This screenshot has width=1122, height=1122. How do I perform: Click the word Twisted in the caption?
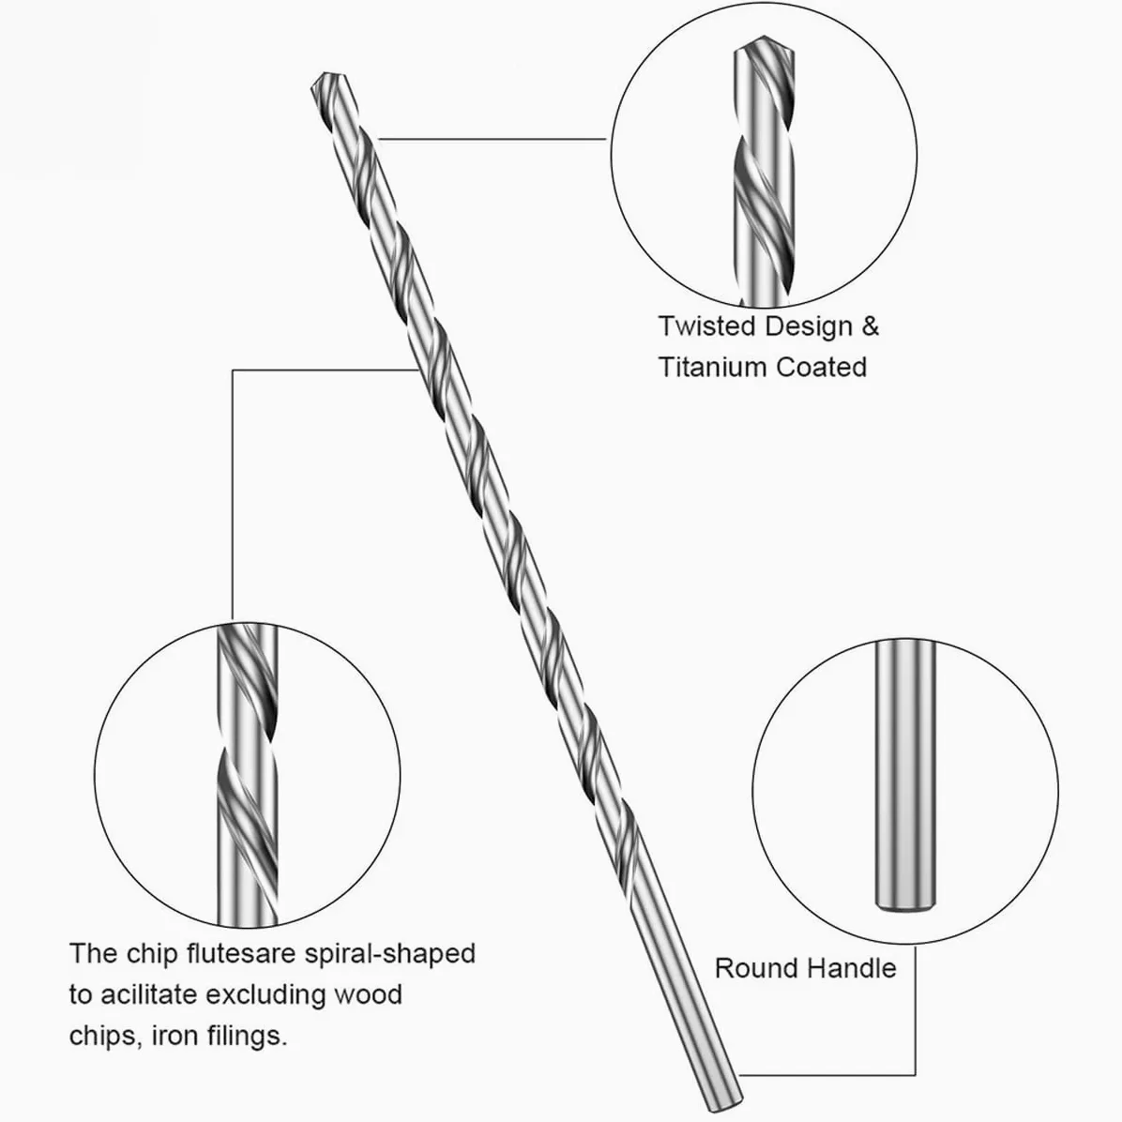point(707,326)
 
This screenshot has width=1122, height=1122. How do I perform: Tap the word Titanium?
point(712,367)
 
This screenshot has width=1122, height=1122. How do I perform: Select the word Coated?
point(822,367)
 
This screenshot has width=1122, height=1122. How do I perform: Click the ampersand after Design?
point(871,326)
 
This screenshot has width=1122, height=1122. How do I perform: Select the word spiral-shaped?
point(390,955)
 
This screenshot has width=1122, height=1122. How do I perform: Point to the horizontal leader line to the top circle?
point(493,139)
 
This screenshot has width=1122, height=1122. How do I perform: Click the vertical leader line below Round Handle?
point(915,1011)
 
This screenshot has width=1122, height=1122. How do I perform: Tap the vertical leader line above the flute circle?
point(233,494)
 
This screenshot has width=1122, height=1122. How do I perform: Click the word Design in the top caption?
point(809,327)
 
